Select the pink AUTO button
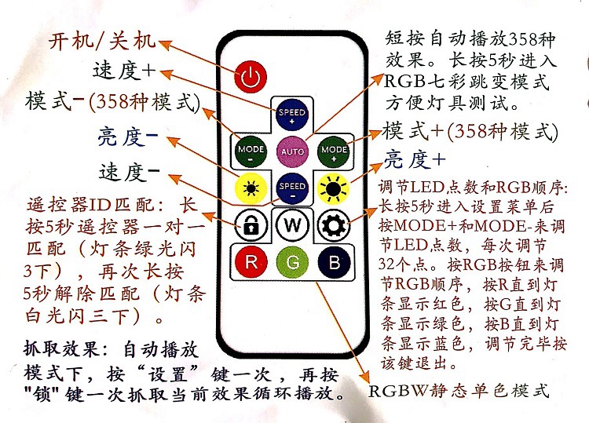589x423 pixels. (292, 148)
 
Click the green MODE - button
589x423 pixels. (251, 148)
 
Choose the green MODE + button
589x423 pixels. (334, 148)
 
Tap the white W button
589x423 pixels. (292, 224)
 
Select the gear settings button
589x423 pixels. (333, 224)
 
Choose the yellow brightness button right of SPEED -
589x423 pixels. (334, 187)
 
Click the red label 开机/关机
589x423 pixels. (103, 40)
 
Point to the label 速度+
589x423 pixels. (125, 70)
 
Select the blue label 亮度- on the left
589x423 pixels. (127, 137)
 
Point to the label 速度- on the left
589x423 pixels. (130, 170)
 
